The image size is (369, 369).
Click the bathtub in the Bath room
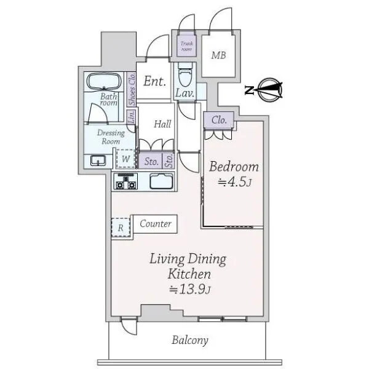(104, 81)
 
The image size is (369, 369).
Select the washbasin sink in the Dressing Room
(98, 161)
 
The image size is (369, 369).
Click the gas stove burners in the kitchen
(125, 181)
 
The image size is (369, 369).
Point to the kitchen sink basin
(161, 181)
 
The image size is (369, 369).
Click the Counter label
(156, 224)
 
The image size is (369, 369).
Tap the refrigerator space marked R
(121, 228)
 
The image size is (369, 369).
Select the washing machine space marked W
(125, 159)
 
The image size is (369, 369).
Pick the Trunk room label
(186, 46)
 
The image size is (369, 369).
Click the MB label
(218, 55)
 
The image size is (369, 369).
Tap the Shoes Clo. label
(132, 89)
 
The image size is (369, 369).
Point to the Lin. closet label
(132, 117)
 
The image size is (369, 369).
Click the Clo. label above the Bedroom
(219, 121)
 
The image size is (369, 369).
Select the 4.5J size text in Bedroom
(235, 181)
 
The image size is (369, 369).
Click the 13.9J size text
(189, 289)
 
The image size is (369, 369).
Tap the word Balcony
(190, 340)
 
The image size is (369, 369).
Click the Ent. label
(154, 81)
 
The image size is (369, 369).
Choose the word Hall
(162, 124)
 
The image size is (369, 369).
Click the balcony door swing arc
(129, 330)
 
